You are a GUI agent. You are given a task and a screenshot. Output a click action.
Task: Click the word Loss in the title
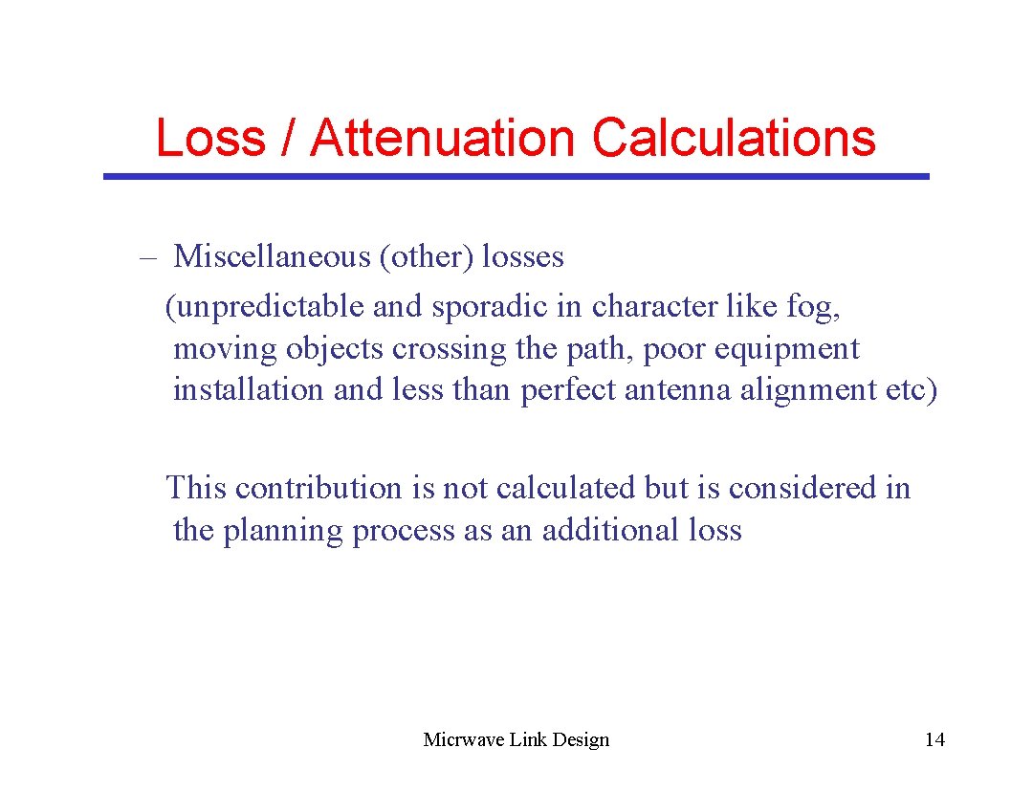(209, 138)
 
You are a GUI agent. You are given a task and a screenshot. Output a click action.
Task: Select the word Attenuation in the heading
(441, 138)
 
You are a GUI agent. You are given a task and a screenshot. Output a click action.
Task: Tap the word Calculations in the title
(734, 138)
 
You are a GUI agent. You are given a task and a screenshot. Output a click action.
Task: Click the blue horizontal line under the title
(516, 177)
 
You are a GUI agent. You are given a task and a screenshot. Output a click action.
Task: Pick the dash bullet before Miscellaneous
(147, 257)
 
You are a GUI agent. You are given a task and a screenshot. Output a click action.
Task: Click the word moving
(226, 349)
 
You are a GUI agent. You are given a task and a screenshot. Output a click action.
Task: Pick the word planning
(283, 531)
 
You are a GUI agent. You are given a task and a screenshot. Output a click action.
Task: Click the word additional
(610, 530)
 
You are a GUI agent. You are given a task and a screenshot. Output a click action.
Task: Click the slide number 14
(934, 739)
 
